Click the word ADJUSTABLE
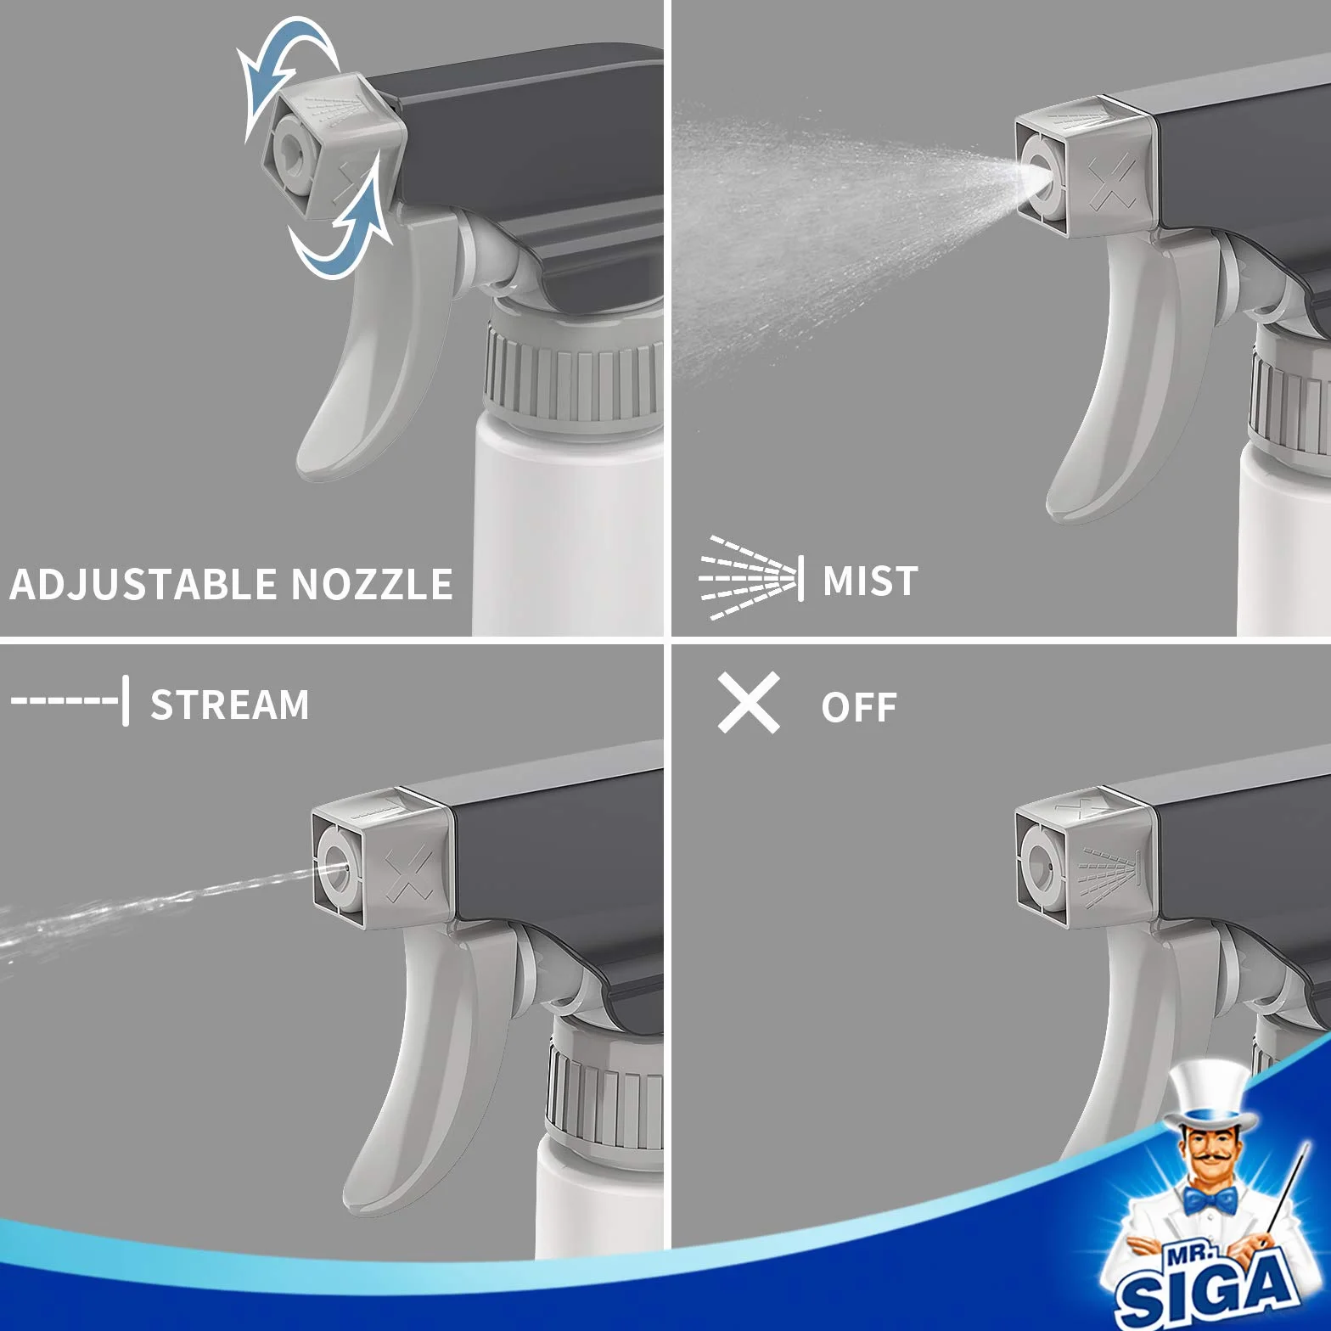[x=143, y=585]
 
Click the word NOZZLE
[x=372, y=585]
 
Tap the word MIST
[x=870, y=581]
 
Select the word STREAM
[x=230, y=705]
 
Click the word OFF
[x=858, y=708]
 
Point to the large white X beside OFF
[x=749, y=703]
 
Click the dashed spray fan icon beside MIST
[x=751, y=578]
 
